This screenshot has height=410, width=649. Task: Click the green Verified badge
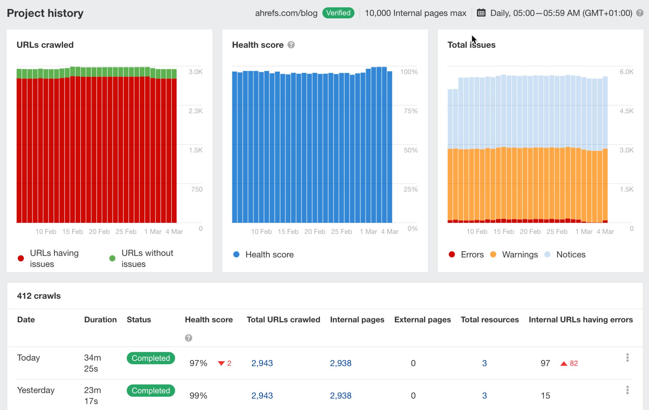click(338, 13)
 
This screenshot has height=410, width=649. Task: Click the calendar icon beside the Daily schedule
click(481, 13)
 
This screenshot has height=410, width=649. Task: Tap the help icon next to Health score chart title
click(291, 45)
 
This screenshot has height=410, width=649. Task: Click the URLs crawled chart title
click(45, 45)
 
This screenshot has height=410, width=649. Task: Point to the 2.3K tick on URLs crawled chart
click(195, 111)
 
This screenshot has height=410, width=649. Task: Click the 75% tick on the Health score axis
click(411, 111)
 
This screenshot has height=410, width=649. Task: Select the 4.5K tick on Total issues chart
click(626, 111)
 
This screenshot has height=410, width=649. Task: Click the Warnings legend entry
click(519, 254)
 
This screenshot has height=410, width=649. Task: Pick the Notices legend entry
click(570, 254)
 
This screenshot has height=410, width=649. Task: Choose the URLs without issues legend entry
click(147, 258)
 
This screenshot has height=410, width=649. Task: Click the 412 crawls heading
click(39, 296)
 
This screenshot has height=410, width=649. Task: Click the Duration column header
click(100, 320)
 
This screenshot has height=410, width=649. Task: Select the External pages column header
click(422, 320)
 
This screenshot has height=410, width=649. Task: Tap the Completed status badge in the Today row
click(151, 358)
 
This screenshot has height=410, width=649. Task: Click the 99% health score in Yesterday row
click(198, 395)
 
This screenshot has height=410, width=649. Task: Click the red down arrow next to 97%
click(221, 363)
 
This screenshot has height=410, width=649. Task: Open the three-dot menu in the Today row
click(627, 358)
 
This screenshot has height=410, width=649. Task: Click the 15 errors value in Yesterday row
click(545, 395)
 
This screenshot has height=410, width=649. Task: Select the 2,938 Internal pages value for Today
click(340, 363)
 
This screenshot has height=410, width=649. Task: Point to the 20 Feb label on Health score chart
click(314, 232)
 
